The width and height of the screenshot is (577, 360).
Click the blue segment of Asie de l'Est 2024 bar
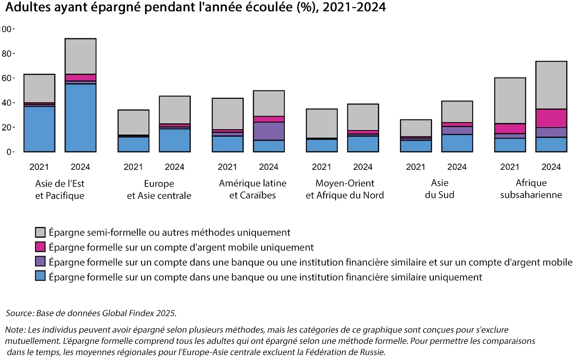[80, 118]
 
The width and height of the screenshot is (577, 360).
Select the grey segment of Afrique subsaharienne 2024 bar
[551, 85]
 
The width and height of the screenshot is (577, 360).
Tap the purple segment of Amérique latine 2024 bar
[269, 131]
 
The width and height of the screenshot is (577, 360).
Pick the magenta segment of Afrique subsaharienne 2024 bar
[551, 118]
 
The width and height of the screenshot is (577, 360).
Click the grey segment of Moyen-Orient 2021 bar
[322, 123]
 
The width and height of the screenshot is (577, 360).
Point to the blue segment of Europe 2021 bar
[133, 144]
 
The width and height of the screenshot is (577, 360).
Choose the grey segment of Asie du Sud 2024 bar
[457, 112]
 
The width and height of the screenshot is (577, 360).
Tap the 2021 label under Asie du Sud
[416, 167]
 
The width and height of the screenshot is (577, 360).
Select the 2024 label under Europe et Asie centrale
[174, 167]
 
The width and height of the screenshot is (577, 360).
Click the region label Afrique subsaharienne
[531, 189]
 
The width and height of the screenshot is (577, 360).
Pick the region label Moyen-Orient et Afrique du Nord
[345, 189]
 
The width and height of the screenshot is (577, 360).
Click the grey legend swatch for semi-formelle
[40, 232]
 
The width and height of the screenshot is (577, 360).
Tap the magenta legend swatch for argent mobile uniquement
[40, 247]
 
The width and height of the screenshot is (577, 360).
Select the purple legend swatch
[40, 261]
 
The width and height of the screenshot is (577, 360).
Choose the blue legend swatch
[40, 276]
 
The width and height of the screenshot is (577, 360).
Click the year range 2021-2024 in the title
[354, 7]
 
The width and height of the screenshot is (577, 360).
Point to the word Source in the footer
[19, 313]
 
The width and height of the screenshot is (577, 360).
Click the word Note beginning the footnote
[15, 330]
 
